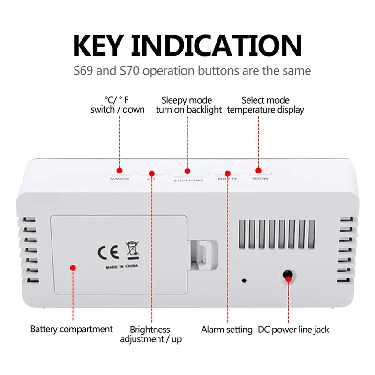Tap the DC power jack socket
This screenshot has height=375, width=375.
click(288, 276)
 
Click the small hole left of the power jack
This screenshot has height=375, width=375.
click(244, 281)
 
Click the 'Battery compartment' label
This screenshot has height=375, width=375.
click(72, 329)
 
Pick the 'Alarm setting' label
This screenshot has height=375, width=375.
click(227, 329)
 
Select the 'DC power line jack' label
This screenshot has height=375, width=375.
click(293, 329)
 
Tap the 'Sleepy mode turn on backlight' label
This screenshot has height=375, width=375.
click(187, 105)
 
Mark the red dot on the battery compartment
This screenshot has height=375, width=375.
click(73, 268)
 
